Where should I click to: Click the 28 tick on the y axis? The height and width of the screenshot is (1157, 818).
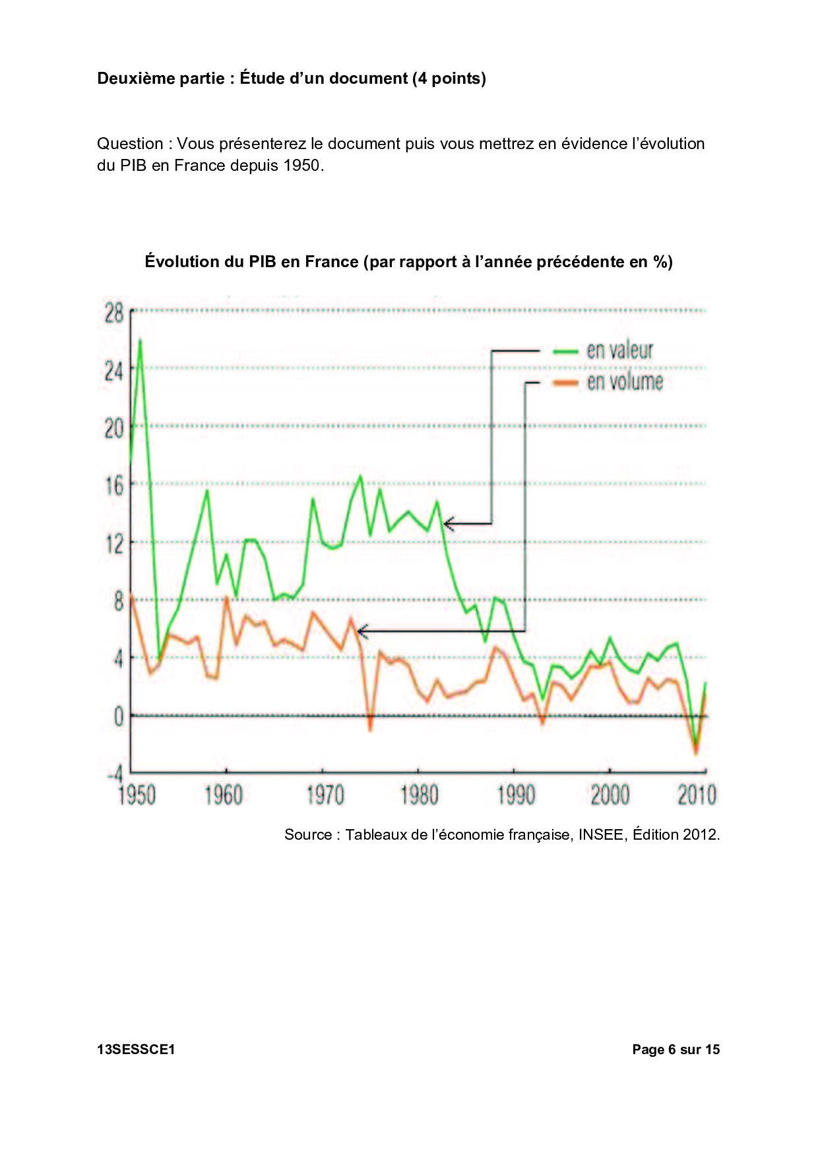[x=114, y=313]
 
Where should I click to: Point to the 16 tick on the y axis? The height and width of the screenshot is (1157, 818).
[x=114, y=486]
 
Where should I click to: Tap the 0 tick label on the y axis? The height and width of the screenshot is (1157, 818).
[x=119, y=716]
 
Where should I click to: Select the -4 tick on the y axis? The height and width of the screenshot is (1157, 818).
[x=116, y=774]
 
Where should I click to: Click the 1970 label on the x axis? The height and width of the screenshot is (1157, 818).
[x=325, y=795]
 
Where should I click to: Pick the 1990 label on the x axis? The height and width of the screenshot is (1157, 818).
[x=516, y=795]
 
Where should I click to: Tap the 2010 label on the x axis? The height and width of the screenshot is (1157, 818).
[x=697, y=795]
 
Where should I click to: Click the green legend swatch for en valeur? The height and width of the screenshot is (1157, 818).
[x=565, y=352]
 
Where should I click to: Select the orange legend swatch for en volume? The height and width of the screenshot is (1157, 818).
[x=565, y=383]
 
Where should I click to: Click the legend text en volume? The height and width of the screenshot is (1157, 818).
[x=625, y=382]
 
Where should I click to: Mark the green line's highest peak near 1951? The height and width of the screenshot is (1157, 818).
[x=140, y=341]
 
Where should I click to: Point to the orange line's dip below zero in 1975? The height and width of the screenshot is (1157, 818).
[x=370, y=728]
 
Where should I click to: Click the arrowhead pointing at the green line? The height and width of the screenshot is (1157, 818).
[x=447, y=524]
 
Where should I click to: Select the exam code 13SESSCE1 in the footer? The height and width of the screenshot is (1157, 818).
[x=136, y=1049]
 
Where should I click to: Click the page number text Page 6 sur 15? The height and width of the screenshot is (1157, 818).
[x=676, y=1049]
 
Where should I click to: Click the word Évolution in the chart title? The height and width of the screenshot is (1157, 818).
[x=181, y=262]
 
